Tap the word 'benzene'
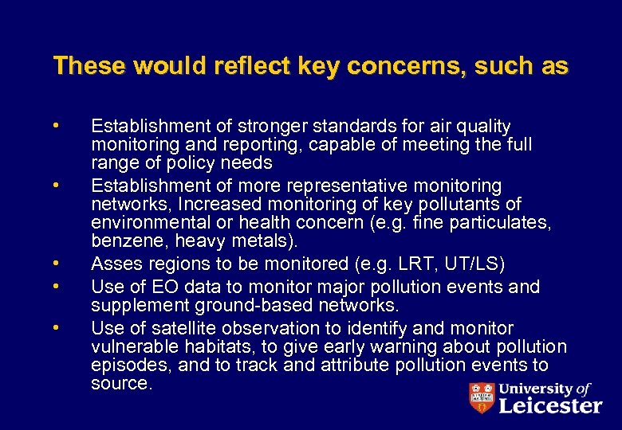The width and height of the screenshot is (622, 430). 123,241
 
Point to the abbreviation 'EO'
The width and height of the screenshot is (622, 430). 155,287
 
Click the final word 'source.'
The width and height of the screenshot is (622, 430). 121,383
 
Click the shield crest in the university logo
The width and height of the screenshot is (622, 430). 482,397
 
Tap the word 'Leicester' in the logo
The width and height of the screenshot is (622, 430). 551,405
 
